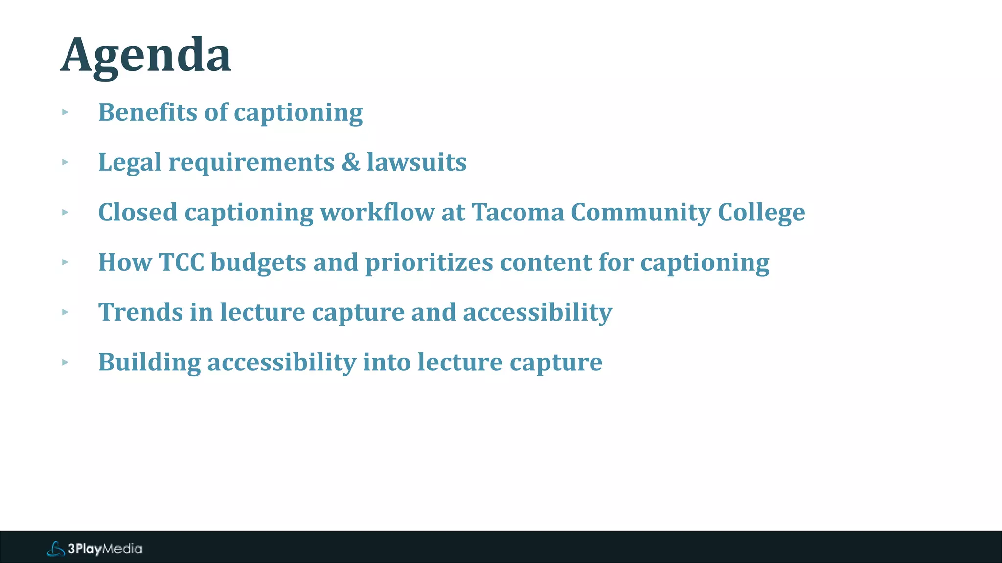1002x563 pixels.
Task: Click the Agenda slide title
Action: point(146,56)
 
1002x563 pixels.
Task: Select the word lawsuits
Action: point(416,162)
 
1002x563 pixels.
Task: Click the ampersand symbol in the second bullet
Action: point(350,162)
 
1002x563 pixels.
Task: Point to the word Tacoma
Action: point(518,213)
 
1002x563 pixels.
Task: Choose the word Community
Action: point(640,213)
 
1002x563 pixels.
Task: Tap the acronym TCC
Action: point(182,262)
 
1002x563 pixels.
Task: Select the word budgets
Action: point(258,262)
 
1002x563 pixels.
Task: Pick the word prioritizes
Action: point(429,262)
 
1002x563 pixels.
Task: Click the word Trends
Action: point(140,312)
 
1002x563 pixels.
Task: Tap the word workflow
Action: point(377,213)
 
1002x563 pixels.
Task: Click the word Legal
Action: point(130,162)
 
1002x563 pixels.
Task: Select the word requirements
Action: point(251,162)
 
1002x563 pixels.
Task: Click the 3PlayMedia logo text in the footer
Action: point(105,549)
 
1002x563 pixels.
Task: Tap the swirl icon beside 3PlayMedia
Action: point(56,549)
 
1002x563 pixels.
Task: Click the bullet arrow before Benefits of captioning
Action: point(65,112)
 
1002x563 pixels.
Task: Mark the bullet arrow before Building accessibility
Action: point(65,362)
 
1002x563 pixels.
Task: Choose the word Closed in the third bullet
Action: point(137,213)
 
